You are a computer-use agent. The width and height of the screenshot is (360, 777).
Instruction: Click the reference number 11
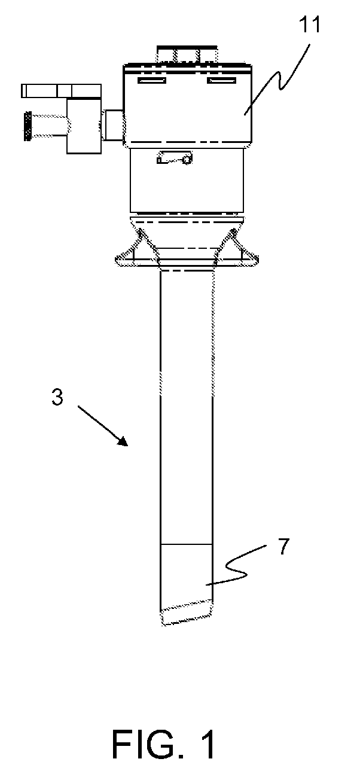[x=310, y=26]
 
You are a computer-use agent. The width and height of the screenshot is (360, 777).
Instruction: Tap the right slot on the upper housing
[x=219, y=81]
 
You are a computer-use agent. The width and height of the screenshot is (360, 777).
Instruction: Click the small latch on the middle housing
[x=173, y=159]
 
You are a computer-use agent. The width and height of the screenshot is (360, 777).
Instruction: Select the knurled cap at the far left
[x=27, y=126]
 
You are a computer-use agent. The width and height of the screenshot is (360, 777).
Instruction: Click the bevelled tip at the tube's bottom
[x=187, y=614]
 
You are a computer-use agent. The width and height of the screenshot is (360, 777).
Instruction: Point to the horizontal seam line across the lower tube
[x=186, y=545]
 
